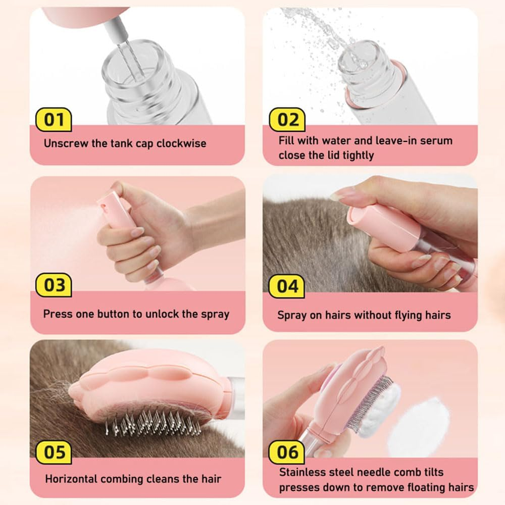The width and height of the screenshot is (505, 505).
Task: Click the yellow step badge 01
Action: (x=54, y=120)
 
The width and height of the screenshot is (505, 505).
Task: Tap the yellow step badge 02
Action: (x=287, y=120)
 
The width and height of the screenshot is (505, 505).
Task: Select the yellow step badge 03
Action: (x=54, y=285)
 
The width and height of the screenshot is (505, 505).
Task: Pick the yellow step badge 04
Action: (x=287, y=286)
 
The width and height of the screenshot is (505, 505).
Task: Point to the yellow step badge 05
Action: (x=54, y=452)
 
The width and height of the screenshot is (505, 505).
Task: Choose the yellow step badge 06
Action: (x=287, y=452)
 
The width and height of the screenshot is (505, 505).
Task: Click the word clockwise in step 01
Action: (x=181, y=143)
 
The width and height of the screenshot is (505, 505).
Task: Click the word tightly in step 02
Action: (x=358, y=156)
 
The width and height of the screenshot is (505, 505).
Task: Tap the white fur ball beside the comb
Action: (x=419, y=426)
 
